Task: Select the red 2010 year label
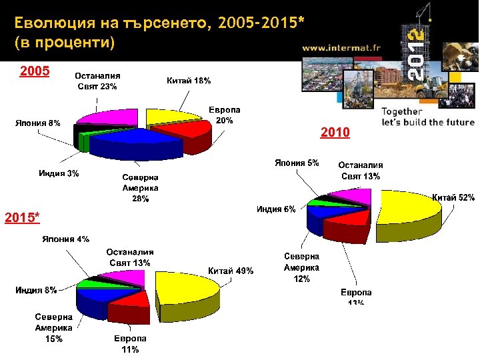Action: point(335,133)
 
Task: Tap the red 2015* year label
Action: point(22,217)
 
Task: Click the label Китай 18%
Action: point(188,81)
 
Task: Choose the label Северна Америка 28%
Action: point(140,188)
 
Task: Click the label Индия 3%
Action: point(59,174)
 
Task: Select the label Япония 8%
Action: point(37,122)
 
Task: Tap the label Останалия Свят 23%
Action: point(97,81)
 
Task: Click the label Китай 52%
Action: point(453,197)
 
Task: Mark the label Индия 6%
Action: point(277,209)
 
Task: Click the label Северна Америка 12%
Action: point(302,268)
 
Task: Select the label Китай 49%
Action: point(231,271)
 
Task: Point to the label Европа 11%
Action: point(130,344)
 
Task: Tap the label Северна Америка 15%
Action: point(54,328)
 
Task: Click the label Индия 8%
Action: point(36,290)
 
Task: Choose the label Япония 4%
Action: point(66,239)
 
